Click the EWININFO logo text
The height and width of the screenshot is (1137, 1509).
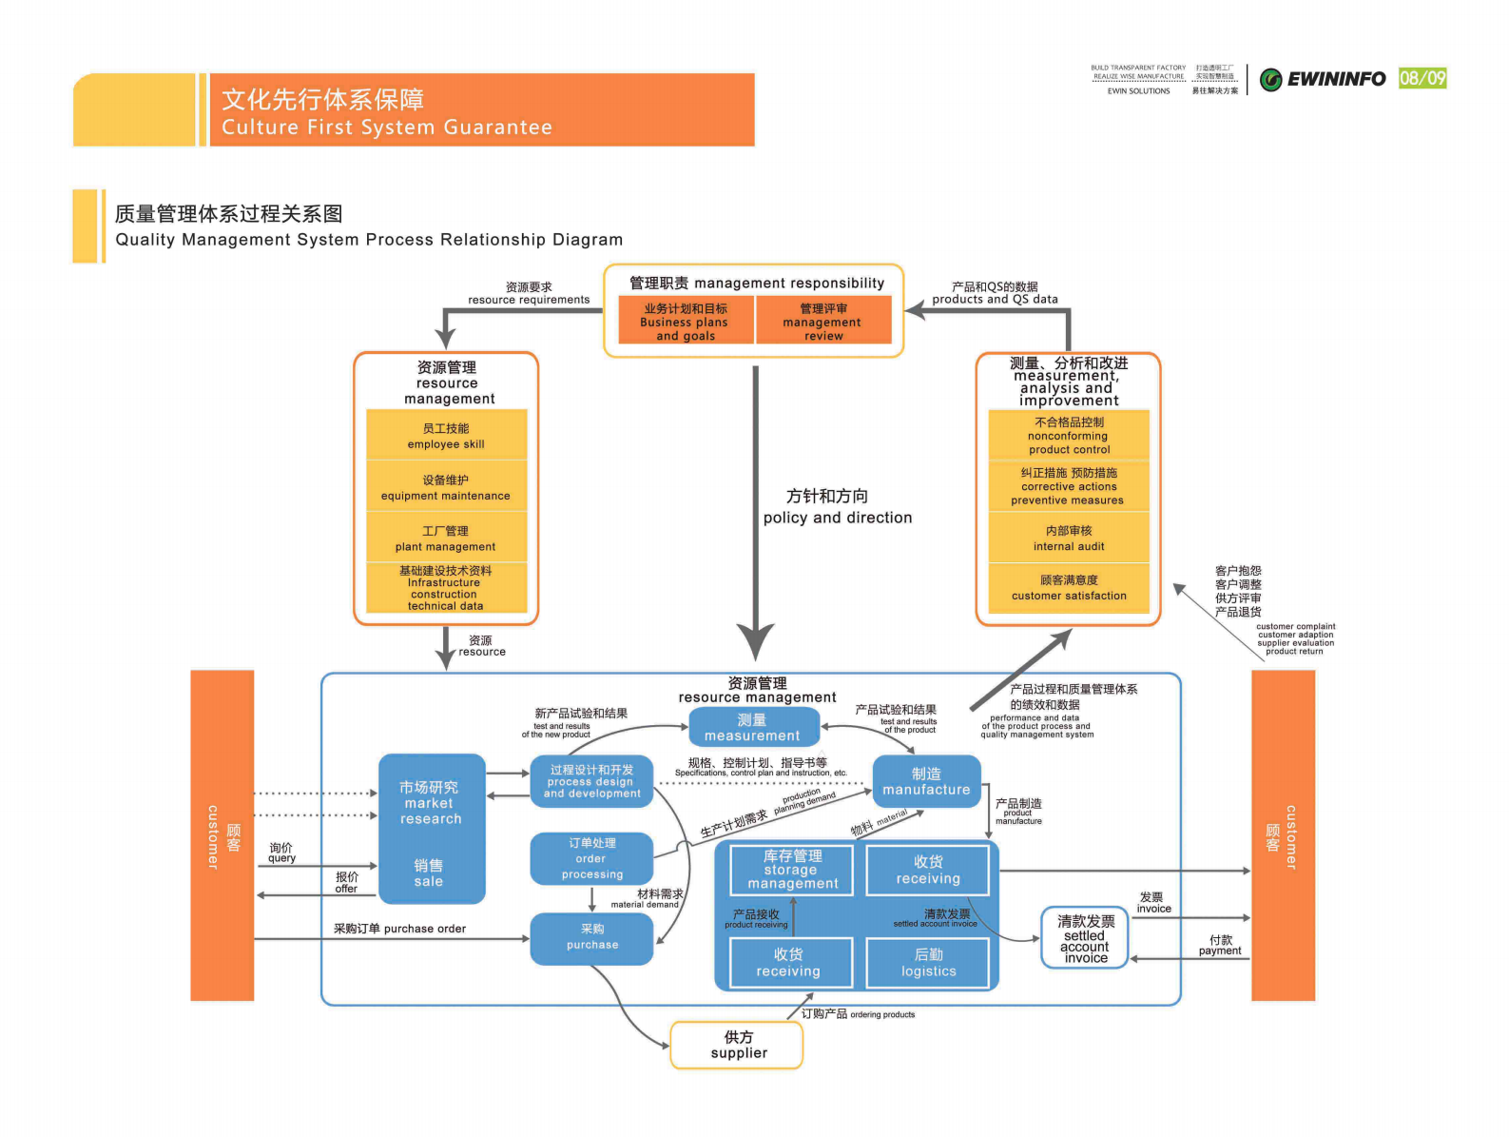point(1335,79)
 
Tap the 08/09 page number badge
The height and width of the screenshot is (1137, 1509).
point(1422,78)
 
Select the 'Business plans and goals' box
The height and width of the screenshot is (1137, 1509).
point(685,322)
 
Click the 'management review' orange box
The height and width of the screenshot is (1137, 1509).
point(823,322)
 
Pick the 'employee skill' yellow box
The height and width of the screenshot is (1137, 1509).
point(446,436)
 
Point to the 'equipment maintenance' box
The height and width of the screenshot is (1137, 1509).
point(446,487)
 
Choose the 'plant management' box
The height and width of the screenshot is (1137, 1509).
point(446,539)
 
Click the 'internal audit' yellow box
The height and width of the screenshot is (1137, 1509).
point(1069,539)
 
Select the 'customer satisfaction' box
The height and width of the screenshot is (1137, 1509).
point(1069,588)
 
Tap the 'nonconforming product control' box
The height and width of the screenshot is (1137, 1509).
point(1069,436)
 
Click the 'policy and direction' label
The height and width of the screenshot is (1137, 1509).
point(837,518)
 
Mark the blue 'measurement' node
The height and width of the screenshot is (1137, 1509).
point(752,728)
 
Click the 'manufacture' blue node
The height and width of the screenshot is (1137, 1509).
point(926,782)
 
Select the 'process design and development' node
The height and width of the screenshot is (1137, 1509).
point(591,781)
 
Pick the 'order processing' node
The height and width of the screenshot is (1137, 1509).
point(591,858)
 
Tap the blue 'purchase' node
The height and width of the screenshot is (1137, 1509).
point(591,938)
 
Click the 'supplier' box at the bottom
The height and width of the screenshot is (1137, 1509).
point(738,1045)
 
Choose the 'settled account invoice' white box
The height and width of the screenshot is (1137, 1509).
point(1085,938)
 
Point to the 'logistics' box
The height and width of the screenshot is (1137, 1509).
point(928,963)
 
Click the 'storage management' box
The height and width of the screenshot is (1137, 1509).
point(792,870)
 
